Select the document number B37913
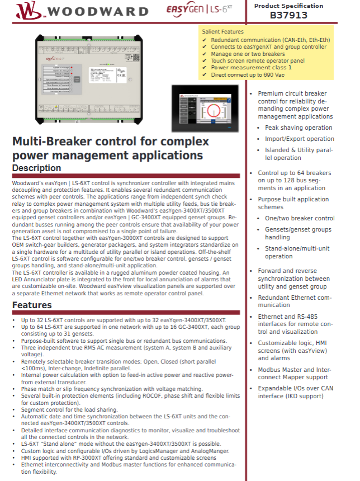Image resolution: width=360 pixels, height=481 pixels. (288, 16)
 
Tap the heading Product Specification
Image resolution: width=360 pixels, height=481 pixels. (288, 6)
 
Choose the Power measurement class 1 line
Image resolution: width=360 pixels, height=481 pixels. (251, 68)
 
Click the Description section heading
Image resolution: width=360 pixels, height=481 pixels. (37, 168)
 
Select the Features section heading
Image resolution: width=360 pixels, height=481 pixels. (32, 305)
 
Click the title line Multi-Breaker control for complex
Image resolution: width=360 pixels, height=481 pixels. (111, 142)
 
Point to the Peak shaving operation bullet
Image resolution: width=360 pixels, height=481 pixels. (299, 128)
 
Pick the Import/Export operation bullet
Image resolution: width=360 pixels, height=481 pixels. (300, 139)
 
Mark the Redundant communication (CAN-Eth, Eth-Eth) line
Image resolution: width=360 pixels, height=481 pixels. (270, 40)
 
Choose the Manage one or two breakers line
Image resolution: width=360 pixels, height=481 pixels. (248, 54)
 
